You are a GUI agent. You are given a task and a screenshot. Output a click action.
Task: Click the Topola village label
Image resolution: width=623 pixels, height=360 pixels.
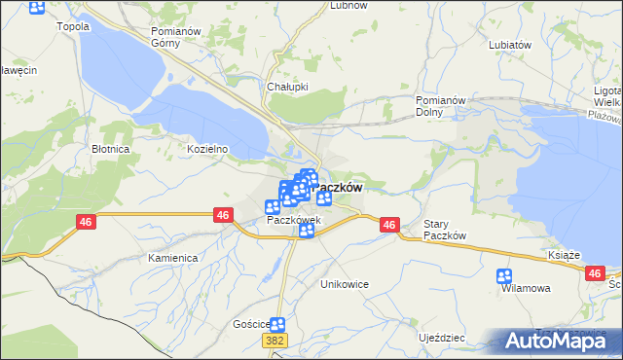[74, 26]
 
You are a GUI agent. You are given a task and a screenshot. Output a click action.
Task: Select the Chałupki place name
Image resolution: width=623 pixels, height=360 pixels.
[288, 86]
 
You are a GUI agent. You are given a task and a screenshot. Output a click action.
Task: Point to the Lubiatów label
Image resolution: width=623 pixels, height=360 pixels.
[510, 45]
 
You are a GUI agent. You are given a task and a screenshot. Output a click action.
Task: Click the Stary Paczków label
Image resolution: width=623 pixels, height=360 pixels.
[446, 231]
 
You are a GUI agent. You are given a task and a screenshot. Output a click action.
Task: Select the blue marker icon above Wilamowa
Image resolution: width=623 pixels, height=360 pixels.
[504, 275]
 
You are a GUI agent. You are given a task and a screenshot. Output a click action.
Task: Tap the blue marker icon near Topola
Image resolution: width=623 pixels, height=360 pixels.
[37, 8]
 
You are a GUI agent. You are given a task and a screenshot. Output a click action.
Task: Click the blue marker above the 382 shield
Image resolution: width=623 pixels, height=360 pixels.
[277, 325]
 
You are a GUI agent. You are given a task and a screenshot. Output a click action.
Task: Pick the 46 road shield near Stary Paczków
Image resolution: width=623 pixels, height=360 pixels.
[389, 225]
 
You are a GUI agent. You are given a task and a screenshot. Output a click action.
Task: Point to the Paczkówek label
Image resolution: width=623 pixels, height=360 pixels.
[294, 220]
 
